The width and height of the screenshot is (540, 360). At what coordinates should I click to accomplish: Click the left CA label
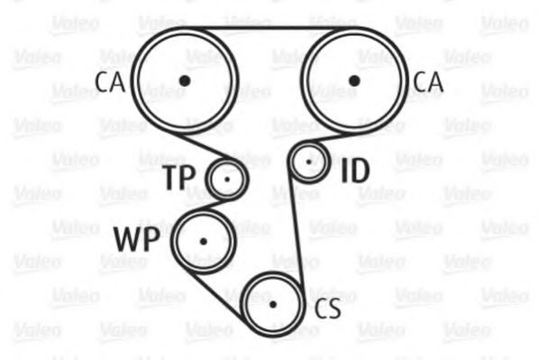pos(110,82)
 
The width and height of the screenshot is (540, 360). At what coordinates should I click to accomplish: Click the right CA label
pos(427,82)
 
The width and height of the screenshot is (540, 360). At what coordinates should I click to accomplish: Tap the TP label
pos(179,178)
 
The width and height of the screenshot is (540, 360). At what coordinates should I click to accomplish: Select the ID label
pos(355,171)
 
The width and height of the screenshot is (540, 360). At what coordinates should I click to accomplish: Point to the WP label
pos(137,239)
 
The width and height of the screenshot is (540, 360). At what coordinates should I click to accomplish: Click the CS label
pos(327,309)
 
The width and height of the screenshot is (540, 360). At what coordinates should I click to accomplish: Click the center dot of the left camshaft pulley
pos(185,80)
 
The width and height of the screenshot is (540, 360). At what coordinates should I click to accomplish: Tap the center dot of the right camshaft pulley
pos(354,81)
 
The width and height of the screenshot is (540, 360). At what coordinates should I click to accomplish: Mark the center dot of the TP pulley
pos(226,180)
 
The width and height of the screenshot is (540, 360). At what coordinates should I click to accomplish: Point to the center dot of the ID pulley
pos(308,162)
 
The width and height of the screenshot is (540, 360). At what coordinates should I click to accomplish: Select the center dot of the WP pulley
pos(204,242)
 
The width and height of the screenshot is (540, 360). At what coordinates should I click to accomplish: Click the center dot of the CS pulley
pos(273,304)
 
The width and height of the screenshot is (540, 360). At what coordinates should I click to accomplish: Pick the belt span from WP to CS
pos(217,295)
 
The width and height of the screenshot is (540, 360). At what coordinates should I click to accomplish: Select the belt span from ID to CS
pos(297,231)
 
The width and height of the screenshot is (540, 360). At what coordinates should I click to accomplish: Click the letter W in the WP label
pos(129,239)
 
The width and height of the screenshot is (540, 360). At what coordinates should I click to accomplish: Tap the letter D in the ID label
pos(360,171)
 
